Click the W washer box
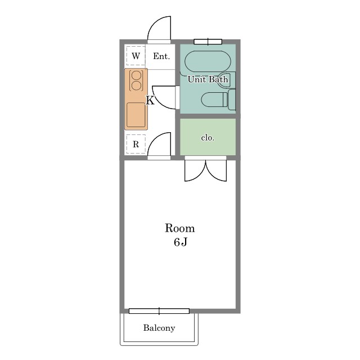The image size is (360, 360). click(x=136, y=56)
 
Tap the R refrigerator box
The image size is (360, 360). click(x=136, y=144)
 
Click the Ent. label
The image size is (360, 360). click(x=161, y=56)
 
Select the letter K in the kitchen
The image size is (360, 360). click(x=150, y=100)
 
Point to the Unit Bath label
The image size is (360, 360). click(x=208, y=79)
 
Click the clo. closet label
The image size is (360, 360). click(x=208, y=137)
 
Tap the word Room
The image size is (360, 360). click(x=180, y=228)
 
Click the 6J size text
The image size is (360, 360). click(x=181, y=242)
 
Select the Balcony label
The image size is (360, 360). click(x=159, y=328)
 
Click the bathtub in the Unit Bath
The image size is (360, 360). click(x=208, y=61)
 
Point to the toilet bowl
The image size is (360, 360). click(x=214, y=100)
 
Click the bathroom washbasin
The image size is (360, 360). click(x=226, y=80)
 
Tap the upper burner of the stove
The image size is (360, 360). click(x=136, y=75)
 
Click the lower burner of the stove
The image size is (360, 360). click(x=136, y=85)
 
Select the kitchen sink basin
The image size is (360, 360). click(x=136, y=115)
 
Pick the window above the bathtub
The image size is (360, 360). click(x=208, y=42)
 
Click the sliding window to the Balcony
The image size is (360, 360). click(x=159, y=311)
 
